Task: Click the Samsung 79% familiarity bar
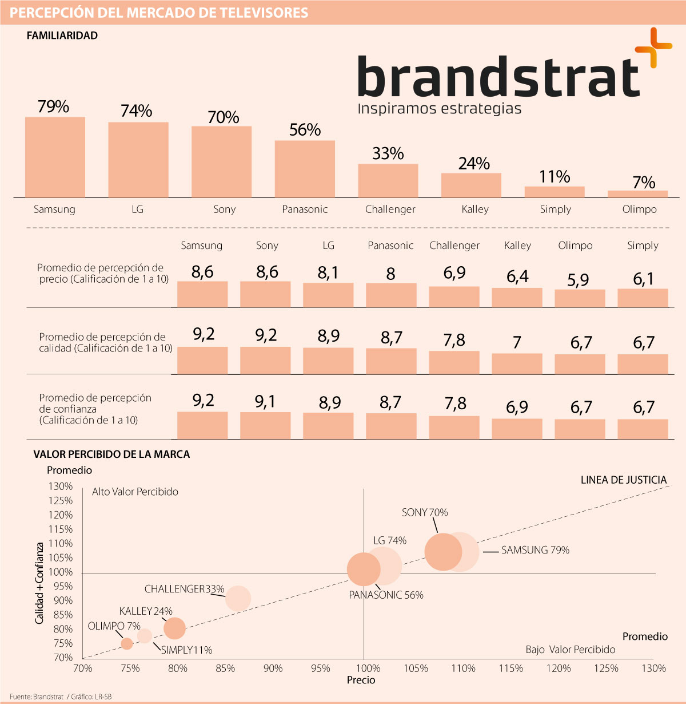pyautogui.click(x=55, y=157)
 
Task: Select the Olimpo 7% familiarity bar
pyautogui.click(x=637, y=194)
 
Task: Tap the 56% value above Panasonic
pyautogui.click(x=305, y=130)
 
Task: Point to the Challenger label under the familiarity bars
pyautogui.click(x=390, y=209)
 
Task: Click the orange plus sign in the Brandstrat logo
pyautogui.click(x=653, y=48)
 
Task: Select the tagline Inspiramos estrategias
pyautogui.click(x=439, y=108)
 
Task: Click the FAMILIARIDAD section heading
pyautogui.click(x=62, y=35)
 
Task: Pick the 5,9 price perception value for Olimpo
pyautogui.click(x=578, y=280)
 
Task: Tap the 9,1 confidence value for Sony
pyautogui.click(x=265, y=402)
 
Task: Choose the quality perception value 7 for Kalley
pyautogui.click(x=517, y=343)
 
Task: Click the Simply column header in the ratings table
pyautogui.click(x=643, y=246)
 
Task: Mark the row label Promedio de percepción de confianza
pyautogui.click(x=95, y=409)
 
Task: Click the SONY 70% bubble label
pyautogui.click(x=425, y=512)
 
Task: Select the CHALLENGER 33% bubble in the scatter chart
pyautogui.click(x=238, y=598)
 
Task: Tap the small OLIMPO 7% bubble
pyautogui.click(x=127, y=643)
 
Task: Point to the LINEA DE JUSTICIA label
pyautogui.click(x=624, y=480)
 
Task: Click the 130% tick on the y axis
pyautogui.click(x=61, y=487)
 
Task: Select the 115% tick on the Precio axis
pyautogui.click(x=510, y=668)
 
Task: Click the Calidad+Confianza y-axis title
pyautogui.click(x=39, y=583)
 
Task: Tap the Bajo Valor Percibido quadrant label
pyautogui.click(x=571, y=650)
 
